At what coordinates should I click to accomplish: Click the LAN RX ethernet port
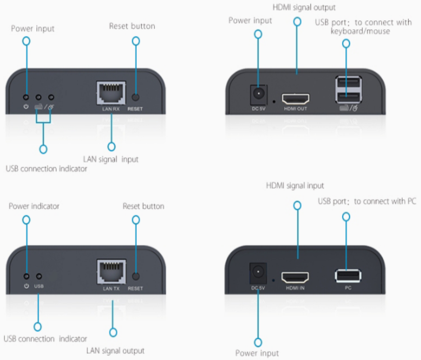click(x=111, y=93)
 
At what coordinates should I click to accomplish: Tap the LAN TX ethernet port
click(x=111, y=272)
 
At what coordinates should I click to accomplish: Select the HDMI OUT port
click(x=295, y=98)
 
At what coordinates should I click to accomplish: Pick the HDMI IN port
click(x=295, y=277)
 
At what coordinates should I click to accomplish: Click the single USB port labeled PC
click(x=348, y=276)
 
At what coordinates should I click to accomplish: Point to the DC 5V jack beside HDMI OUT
click(x=258, y=94)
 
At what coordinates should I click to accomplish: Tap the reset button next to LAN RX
click(x=136, y=97)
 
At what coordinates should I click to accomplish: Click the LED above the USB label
click(x=39, y=277)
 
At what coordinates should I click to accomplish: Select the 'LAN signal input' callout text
click(x=111, y=159)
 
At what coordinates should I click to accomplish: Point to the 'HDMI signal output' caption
click(x=298, y=7)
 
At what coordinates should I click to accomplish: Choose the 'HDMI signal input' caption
click(x=295, y=186)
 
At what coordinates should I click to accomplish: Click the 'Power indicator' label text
click(x=34, y=206)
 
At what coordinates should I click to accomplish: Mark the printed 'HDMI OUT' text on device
click(x=295, y=109)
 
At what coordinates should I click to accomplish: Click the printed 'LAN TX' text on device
click(x=111, y=288)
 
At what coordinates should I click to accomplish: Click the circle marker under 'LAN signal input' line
click(x=111, y=147)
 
